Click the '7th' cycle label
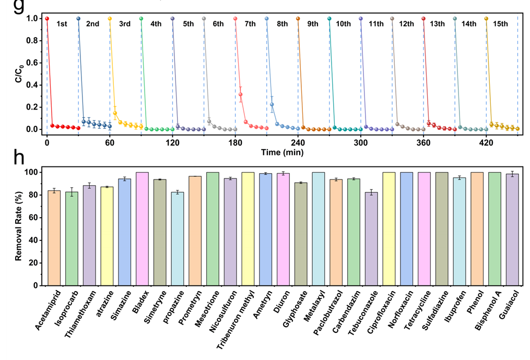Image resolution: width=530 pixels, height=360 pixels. [x=250, y=24]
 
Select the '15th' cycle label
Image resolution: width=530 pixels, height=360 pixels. [x=500, y=24]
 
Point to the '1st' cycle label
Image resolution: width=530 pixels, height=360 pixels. [x=62, y=24]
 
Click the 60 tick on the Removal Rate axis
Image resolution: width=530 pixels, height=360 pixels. [x=36, y=218]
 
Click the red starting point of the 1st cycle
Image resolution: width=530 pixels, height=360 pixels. [x=47, y=19]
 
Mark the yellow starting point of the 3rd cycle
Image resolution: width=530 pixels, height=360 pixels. [x=110, y=19]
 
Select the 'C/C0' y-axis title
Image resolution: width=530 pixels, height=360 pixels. [x=18, y=74]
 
